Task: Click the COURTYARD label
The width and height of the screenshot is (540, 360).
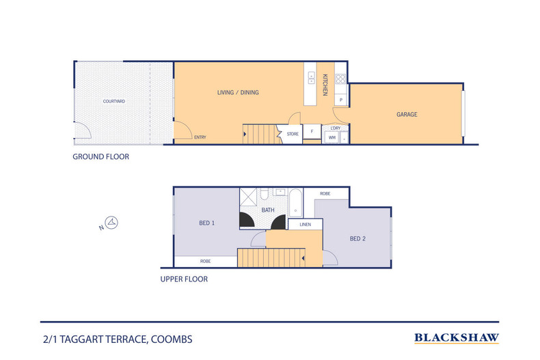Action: click(113, 101)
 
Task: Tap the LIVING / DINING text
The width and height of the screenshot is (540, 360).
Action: click(238, 92)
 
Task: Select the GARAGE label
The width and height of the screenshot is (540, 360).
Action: click(407, 115)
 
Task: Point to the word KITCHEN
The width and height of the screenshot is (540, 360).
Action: click(325, 85)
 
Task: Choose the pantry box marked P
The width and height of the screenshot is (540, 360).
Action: click(340, 100)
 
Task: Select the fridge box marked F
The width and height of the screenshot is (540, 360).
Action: click(312, 131)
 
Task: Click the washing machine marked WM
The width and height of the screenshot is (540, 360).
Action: click(332, 137)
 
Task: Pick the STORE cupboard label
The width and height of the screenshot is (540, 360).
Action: click(293, 134)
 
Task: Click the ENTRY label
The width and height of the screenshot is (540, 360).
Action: click(200, 138)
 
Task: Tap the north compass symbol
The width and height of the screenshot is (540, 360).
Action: click(113, 222)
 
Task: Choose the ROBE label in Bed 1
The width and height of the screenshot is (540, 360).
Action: click(205, 261)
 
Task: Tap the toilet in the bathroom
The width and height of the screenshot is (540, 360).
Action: click(280, 194)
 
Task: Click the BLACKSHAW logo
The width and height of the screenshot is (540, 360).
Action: click(457, 337)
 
